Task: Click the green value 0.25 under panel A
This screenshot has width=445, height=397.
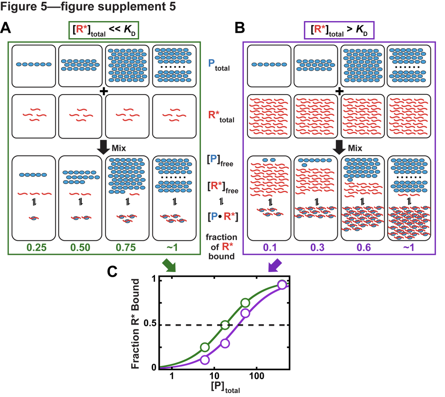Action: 36,248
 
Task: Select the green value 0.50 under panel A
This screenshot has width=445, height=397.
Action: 80,248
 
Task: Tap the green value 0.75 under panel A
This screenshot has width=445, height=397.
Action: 126,248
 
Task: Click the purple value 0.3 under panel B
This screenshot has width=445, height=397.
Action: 317,248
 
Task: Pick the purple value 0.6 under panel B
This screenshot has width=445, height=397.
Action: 363,248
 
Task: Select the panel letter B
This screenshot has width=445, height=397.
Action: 240,28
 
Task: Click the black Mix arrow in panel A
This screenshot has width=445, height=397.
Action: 103,147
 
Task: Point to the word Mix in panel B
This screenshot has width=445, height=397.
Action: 355,148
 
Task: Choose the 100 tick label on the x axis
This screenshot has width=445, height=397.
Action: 256,377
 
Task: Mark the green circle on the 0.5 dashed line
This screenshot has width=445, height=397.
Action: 225,325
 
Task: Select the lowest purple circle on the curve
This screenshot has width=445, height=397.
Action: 205,359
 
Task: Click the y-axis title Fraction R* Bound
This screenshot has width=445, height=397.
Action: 135,324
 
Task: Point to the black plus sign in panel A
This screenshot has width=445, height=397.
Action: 103,90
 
